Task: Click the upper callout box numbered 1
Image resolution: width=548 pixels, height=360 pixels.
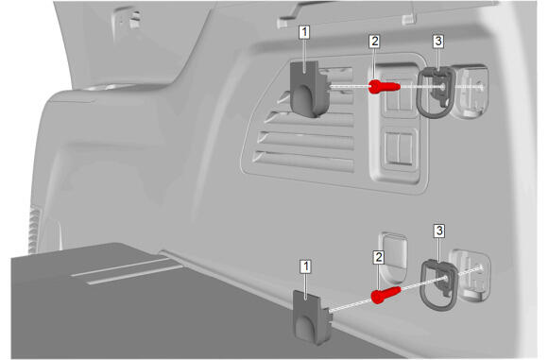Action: click(x=304, y=32)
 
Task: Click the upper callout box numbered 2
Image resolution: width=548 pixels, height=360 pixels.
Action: click(x=374, y=42)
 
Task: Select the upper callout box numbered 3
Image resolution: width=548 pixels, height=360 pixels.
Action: click(x=437, y=42)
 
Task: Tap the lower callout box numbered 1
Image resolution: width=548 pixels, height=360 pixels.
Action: click(x=305, y=266)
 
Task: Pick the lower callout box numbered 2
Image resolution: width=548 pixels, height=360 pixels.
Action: click(x=378, y=258)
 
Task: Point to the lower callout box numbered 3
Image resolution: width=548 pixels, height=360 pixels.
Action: click(x=439, y=231)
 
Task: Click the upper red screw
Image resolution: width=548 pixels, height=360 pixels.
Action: click(x=385, y=87)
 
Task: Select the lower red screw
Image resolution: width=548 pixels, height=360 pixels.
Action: click(x=385, y=295)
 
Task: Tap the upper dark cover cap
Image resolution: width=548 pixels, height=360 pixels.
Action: click(x=310, y=89)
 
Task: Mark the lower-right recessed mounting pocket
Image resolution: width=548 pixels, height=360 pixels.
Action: click(x=471, y=275)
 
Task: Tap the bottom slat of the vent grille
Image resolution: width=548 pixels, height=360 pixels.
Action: click(x=303, y=162)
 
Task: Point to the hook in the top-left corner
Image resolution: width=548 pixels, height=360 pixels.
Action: click(x=128, y=20)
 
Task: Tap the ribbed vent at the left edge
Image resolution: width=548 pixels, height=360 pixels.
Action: click(x=34, y=229)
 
